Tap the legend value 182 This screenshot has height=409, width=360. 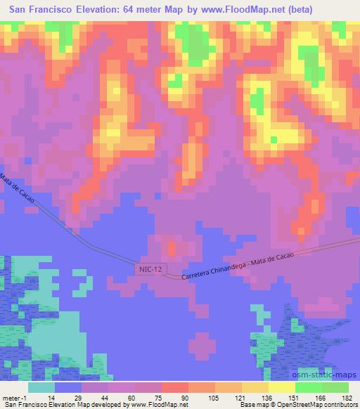point(347,397)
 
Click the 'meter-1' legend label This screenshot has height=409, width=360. point(13,397)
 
